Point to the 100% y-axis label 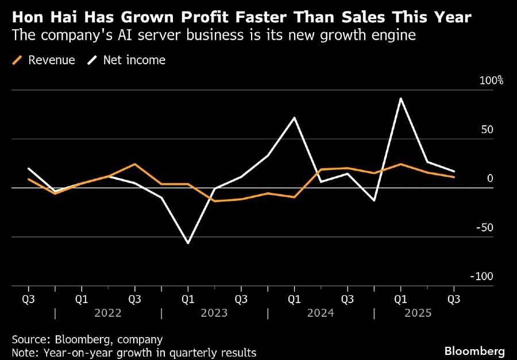pyautogui.click(x=491, y=80)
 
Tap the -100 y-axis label pyautogui.click(x=483, y=276)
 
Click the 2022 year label pyautogui.click(x=107, y=313)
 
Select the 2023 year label pyautogui.click(x=214, y=313)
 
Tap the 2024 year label pyautogui.click(x=320, y=313)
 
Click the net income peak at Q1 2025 pyautogui.click(x=400, y=99)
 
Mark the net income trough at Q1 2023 pyautogui.click(x=188, y=243)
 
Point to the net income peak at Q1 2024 pyautogui.click(x=294, y=118)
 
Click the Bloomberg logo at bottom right pyautogui.click(x=474, y=350)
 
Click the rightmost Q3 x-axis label pyautogui.click(x=454, y=299)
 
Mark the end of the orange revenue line pyautogui.click(x=454, y=177)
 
